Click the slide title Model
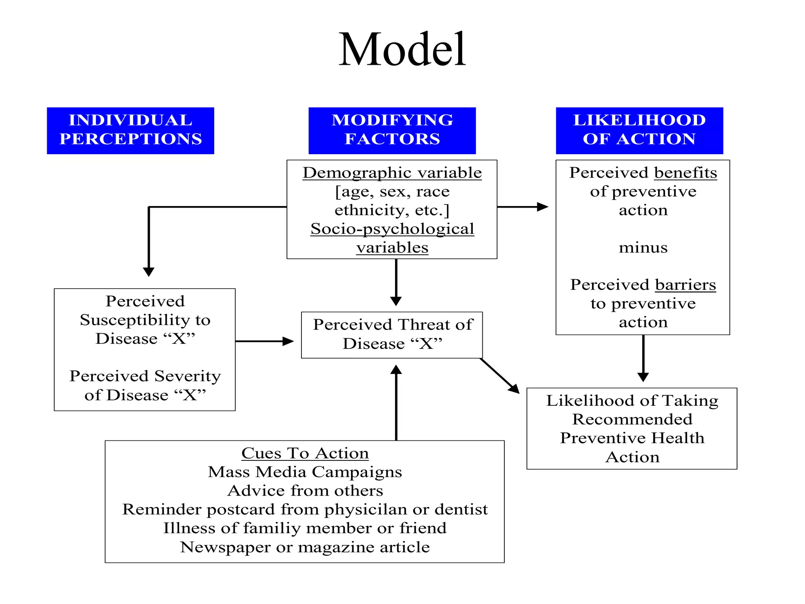(402, 50)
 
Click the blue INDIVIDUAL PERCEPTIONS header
(130, 130)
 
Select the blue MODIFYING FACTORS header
(392, 130)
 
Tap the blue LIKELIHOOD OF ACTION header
(639, 130)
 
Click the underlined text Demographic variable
(392, 173)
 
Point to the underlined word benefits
(686, 173)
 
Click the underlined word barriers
(686, 285)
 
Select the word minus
(643, 247)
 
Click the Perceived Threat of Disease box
(392, 335)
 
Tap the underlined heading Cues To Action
(305, 453)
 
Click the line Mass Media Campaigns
(305, 472)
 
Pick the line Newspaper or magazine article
(305, 547)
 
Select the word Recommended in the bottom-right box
(632, 419)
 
